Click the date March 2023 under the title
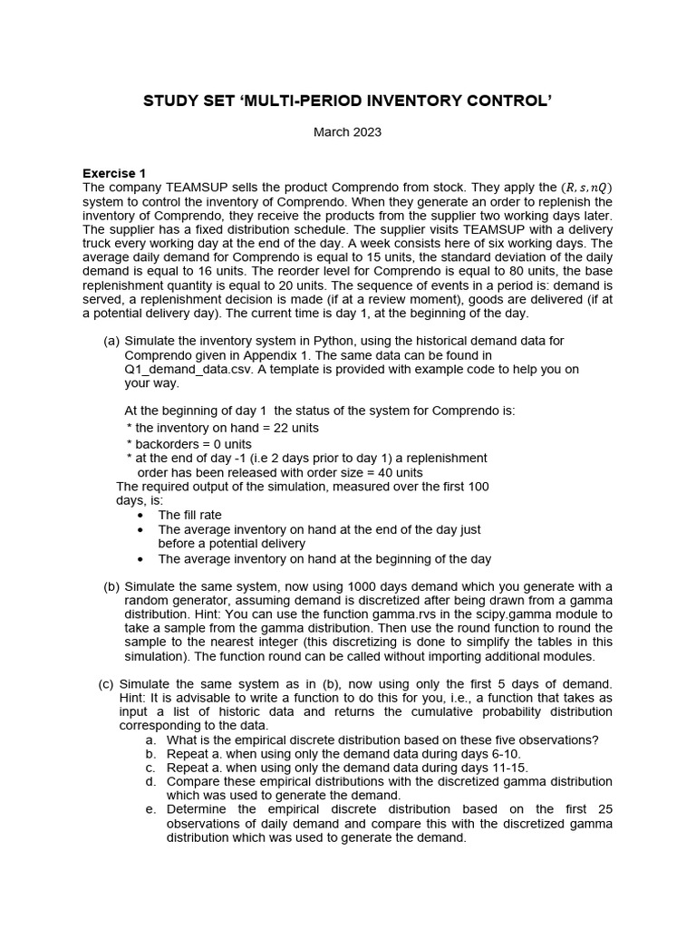[x=347, y=132]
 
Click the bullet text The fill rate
[x=189, y=515]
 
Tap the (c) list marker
[x=106, y=683]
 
